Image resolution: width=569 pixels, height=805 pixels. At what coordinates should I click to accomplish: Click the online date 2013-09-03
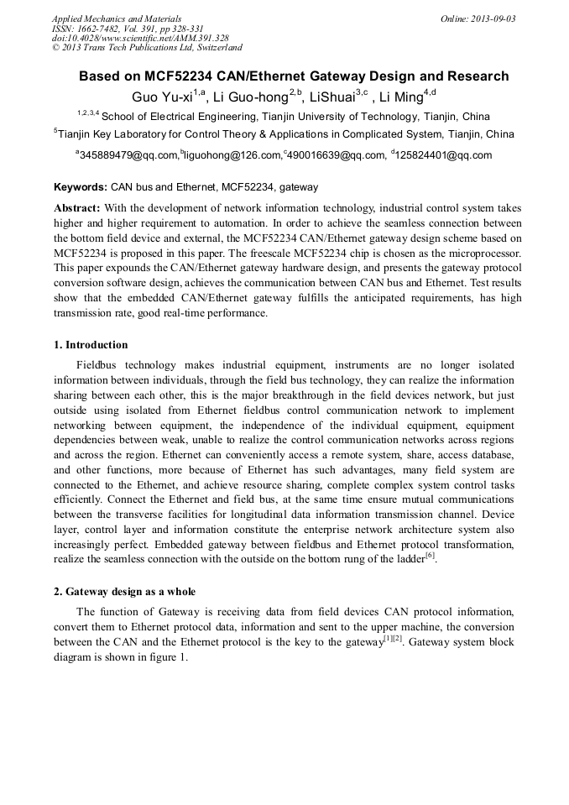coord(495,18)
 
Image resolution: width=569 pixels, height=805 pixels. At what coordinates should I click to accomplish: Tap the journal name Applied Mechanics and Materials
coord(117,18)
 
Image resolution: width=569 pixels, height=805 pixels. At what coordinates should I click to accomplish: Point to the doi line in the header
coord(140,38)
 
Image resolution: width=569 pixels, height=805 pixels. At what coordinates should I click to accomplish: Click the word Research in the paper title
coord(478,76)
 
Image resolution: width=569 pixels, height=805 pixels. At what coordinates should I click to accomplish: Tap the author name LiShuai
coord(331,97)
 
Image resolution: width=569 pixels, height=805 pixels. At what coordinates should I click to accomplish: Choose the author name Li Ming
coord(401,97)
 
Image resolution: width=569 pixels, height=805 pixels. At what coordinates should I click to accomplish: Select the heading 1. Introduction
coord(91,345)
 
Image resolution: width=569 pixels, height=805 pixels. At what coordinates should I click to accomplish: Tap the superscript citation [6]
coord(429,556)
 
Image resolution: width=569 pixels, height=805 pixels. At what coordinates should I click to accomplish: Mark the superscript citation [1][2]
coord(393,639)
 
